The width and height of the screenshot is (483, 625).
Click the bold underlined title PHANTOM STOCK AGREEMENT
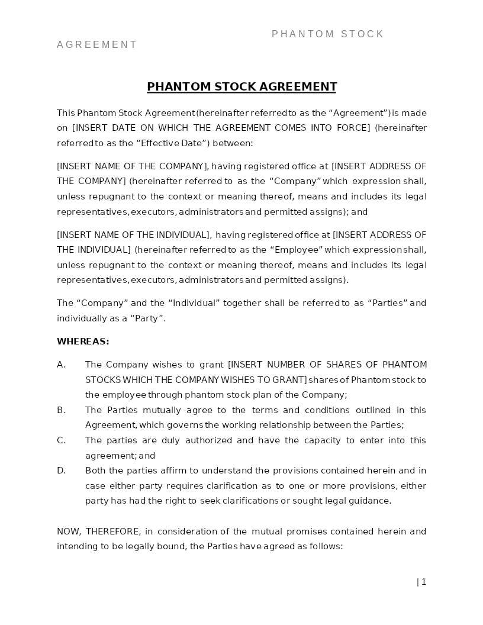click(x=241, y=87)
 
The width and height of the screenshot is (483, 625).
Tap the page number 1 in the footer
click(x=424, y=582)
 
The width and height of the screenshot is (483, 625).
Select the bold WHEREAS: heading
click(x=83, y=342)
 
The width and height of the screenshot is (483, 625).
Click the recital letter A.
click(x=61, y=365)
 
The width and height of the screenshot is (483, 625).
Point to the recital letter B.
click(x=61, y=410)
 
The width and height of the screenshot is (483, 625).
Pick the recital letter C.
click(x=61, y=440)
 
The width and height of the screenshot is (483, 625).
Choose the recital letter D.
click(x=61, y=471)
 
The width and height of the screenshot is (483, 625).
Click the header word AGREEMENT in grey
click(x=97, y=45)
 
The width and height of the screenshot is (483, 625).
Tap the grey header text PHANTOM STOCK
click(x=328, y=34)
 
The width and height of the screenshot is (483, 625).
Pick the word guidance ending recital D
click(x=371, y=501)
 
